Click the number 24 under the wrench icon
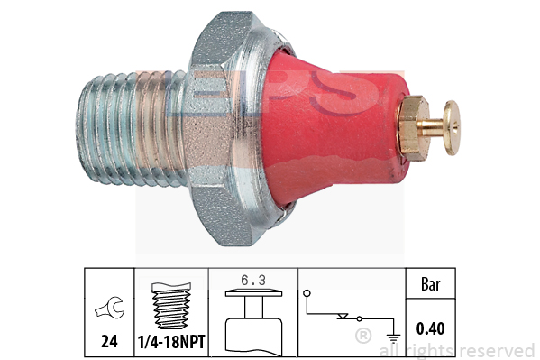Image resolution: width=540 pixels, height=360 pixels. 109,341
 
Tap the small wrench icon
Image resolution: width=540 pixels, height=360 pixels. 110,308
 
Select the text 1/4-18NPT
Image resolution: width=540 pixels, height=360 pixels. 171,342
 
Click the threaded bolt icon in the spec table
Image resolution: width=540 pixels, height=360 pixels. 171,306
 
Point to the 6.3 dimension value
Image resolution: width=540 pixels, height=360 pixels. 253,281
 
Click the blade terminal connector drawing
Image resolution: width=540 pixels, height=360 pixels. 254,323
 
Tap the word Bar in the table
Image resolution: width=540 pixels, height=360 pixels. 431,284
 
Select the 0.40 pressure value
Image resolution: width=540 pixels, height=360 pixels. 430,328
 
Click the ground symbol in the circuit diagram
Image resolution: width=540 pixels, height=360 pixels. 393,338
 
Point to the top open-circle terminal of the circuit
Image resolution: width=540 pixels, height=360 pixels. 307,293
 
